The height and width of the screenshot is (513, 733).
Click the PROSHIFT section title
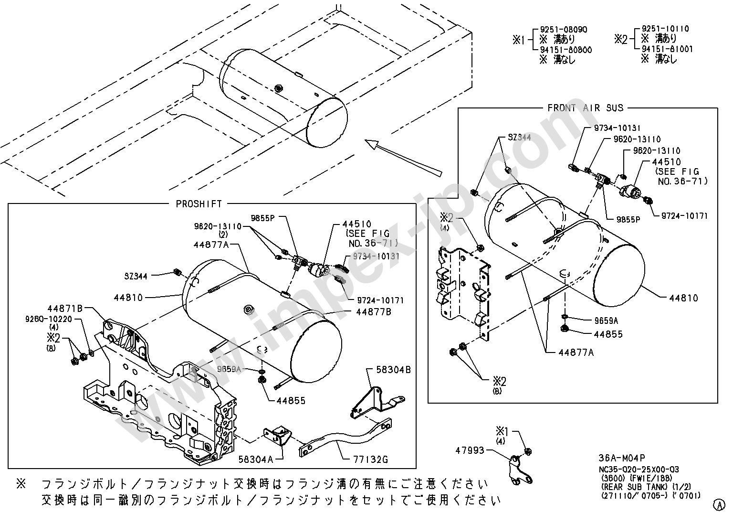coord(199,204)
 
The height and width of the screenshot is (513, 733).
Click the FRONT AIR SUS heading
coord(586,108)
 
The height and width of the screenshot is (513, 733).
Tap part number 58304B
coord(394,370)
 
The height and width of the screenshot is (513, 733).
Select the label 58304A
coord(255,460)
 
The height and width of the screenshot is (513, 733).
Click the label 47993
coord(470,450)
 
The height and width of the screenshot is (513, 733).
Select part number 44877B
coord(374,311)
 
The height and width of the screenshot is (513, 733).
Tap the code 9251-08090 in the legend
coord(564,30)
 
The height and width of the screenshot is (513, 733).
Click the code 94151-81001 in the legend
coord(667,49)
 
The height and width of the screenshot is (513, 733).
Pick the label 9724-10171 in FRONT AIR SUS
coord(684,216)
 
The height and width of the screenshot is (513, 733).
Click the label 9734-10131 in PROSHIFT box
coord(377,256)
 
